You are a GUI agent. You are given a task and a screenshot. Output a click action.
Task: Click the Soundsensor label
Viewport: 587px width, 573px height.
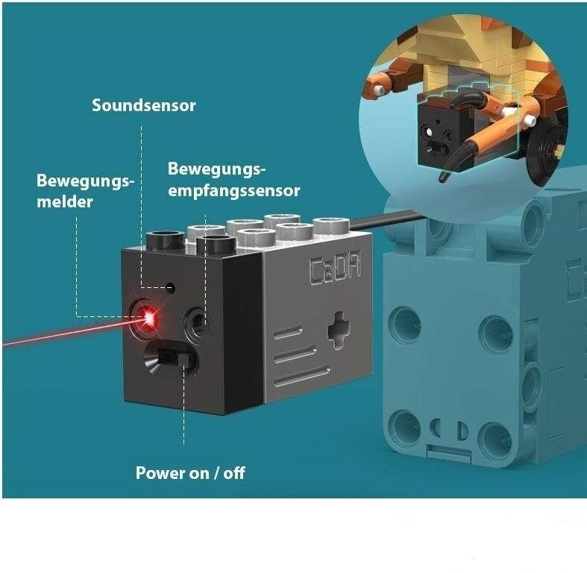tap(144, 105)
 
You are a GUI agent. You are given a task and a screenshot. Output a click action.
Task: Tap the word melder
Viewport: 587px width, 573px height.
tap(65, 201)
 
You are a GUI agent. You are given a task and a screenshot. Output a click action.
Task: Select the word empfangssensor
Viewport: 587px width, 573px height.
tap(233, 191)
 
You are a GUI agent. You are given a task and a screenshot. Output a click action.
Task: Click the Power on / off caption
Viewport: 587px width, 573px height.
tap(190, 472)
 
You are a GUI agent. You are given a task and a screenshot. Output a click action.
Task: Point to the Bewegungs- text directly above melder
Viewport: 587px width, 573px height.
tap(85, 181)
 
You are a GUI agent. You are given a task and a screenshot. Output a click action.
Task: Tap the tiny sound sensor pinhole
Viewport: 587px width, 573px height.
tap(172, 286)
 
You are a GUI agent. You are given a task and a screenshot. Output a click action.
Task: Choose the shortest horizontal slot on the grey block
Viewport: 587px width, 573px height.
tap(286, 334)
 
